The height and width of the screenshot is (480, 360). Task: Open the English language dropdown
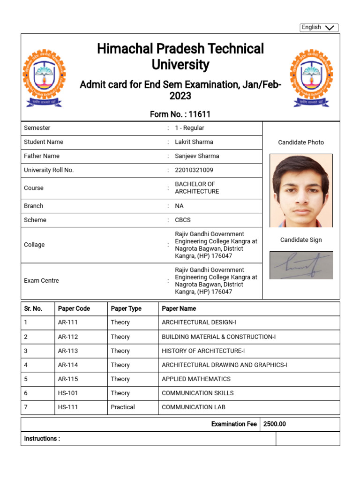pyautogui.click(x=319, y=28)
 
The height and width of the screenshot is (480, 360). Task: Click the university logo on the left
pyautogui.click(x=45, y=77)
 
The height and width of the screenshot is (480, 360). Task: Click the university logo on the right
pyautogui.click(x=311, y=77)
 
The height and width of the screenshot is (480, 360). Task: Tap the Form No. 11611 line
pyautogui.click(x=180, y=114)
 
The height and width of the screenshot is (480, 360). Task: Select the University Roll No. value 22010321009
pyautogui.click(x=194, y=170)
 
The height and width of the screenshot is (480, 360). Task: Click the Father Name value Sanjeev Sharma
pyautogui.click(x=197, y=156)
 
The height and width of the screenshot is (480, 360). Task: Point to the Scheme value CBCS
pyautogui.click(x=183, y=220)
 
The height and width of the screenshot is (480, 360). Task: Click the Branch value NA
pyautogui.click(x=179, y=206)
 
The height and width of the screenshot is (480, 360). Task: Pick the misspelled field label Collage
pyautogui.click(x=34, y=245)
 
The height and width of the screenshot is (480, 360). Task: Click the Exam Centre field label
pyautogui.click(x=41, y=281)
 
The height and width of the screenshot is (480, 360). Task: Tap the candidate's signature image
pyautogui.click(x=301, y=265)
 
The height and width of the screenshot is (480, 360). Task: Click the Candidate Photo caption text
pyautogui.click(x=301, y=142)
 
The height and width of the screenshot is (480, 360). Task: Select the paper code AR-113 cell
pyautogui.click(x=68, y=351)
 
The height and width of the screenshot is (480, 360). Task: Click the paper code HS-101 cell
pyautogui.click(x=68, y=393)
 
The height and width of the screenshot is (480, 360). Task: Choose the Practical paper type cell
pyautogui.click(x=123, y=407)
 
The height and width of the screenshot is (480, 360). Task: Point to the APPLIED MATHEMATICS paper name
pyautogui.click(x=196, y=379)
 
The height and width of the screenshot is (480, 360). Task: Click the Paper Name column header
pyautogui.click(x=179, y=309)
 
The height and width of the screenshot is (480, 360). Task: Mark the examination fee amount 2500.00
pyautogui.click(x=274, y=424)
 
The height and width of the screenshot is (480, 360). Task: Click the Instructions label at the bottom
pyautogui.click(x=42, y=439)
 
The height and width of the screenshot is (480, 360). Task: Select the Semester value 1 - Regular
pyautogui.click(x=189, y=128)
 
